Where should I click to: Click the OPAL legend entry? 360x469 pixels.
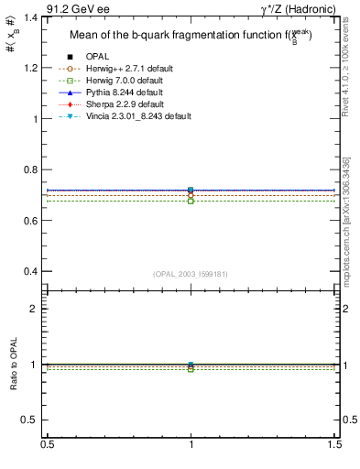pos(96,58)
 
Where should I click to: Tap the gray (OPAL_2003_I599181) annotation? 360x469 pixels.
pos(191,274)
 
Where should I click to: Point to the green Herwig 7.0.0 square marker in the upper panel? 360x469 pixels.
pos(191,201)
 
